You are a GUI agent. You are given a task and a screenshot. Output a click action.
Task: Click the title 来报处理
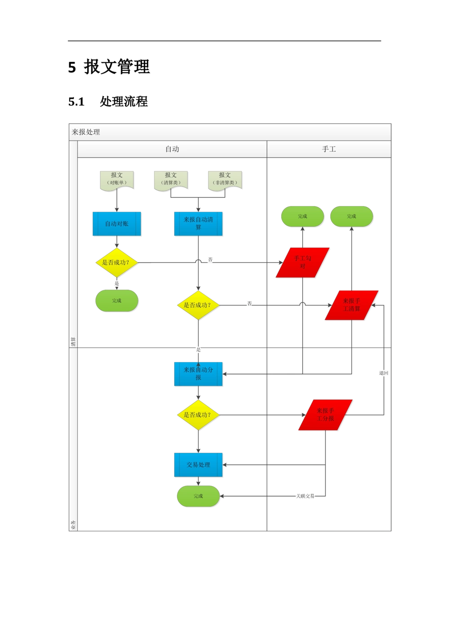pyautogui.click(x=86, y=132)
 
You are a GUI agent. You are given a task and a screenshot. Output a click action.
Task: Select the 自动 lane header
pyautogui.click(x=172, y=149)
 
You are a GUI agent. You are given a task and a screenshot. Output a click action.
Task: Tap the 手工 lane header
pyautogui.click(x=329, y=149)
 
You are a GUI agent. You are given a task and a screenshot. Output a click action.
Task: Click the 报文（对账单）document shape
pyautogui.click(x=117, y=179)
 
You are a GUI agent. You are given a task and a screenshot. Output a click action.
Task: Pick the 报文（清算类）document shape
pyautogui.click(x=171, y=179)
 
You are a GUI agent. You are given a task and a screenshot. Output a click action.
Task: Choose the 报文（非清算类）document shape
pyautogui.click(x=224, y=179)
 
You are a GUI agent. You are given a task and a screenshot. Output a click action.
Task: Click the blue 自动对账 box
pyautogui.click(x=117, y=223)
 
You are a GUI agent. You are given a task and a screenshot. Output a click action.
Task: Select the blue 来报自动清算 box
pyautogui.click(x=198, y=223)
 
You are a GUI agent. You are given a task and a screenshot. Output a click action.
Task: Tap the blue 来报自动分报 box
pyautogui.click(x=198, y=374)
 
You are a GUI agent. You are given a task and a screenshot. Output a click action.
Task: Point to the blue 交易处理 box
pyautogui.click(x=198, y=465)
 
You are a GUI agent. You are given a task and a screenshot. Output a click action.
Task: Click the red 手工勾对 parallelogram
pyautogui.click(x=303, y=263)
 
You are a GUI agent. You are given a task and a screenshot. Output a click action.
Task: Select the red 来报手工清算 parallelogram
pyautogui.click(x=352, y=305)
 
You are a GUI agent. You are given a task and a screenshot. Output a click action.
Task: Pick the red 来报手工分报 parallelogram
pyautogui.click(x=326, y=415)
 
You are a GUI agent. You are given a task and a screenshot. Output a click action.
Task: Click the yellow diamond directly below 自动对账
pyautogui.click(x=117, y=263)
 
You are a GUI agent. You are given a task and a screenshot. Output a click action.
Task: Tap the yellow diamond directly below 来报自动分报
pyautogui.click(x=198, y=415)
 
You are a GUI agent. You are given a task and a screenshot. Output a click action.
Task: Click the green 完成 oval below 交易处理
pyautogui.click(x=198, y=496)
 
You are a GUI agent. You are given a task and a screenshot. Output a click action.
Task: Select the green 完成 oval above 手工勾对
pyautogui.click(x=303, y=216)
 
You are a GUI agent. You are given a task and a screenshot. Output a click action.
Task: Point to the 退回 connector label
pyautogui.click(x=383, y=373)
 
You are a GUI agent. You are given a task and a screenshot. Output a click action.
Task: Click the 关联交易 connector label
pyautogui.click(x=305, y=496)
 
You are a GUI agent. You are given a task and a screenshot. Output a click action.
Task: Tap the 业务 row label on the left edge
pyautogui.click(x=73, y=525)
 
